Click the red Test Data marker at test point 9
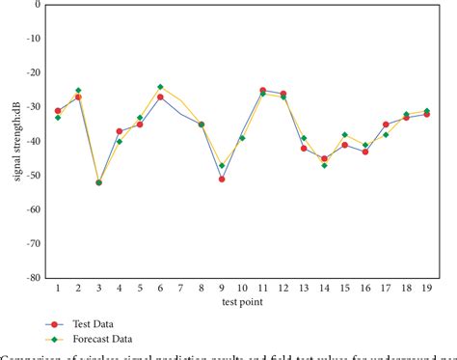click(x=222, y=179)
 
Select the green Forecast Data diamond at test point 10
click(x=242, y=138)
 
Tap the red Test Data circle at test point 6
click(x=160, y=97)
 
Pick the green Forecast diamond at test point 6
click(x=160, y=87)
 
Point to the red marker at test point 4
click(x=120, y=131)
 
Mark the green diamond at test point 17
click(x=386, y=134)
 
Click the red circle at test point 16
click(x=365, y=152)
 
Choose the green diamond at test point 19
click(x=427, y=111)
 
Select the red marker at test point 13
click(x=304, y=148)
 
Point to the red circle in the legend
click(x=56, y=325)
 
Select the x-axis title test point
click(x=240, y=303)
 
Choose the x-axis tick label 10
click(x=242, y=288)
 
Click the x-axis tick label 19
click(x=426, y=288)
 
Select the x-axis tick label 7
click(x=180, y=288)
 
